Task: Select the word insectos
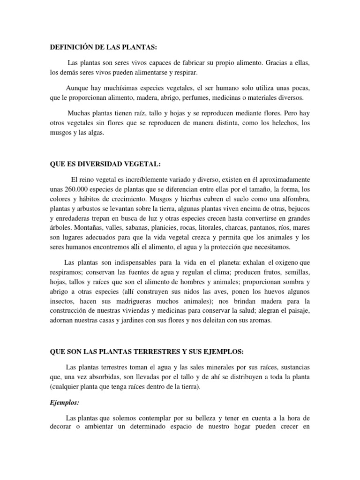[62, 300]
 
